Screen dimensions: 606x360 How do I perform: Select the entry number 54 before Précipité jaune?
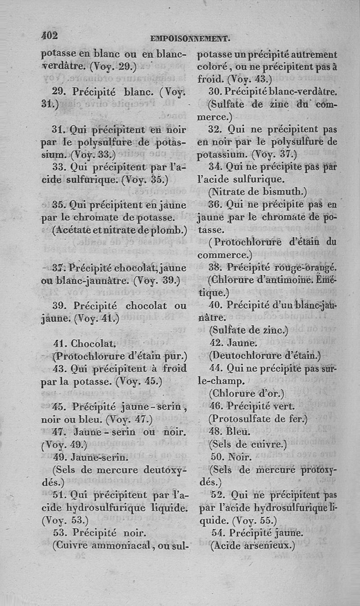[219, 534]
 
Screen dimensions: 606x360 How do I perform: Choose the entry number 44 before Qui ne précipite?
[217, 368]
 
